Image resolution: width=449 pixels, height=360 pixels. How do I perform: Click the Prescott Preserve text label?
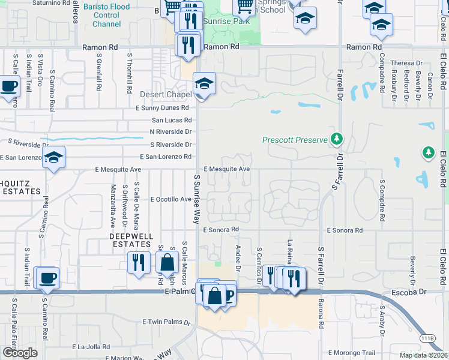pos(295,140)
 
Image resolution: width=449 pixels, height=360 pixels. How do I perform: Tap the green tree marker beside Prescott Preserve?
pos(337,139)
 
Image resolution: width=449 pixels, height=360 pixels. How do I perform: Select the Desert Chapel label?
pos(165,95)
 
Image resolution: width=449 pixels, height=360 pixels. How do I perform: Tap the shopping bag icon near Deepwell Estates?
pos(166,262)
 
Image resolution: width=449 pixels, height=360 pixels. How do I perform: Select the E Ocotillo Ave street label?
pos(170,199)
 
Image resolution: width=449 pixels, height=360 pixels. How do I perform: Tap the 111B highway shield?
pos(427,338)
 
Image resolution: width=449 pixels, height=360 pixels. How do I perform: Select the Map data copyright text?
pos(423,355)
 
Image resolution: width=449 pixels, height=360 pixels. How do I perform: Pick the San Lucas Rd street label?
pos(172,120)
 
